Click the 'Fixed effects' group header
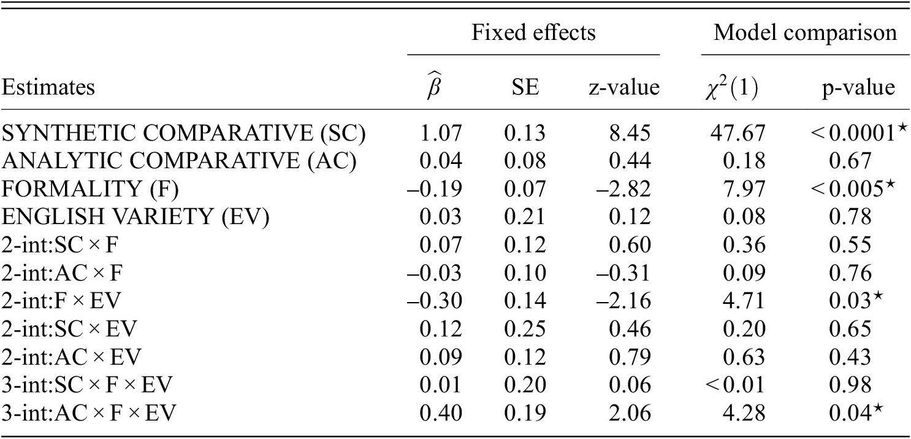533,33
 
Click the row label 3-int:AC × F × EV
90,412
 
